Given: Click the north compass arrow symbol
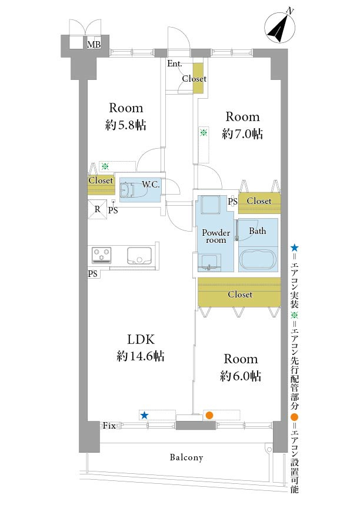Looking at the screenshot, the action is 279,28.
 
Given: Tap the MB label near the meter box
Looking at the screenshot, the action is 94,44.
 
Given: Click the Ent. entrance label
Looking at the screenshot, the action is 175,63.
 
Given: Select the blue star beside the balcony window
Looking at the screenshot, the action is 144,415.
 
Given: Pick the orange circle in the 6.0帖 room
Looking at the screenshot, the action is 209,415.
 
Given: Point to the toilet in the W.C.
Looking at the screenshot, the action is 133,189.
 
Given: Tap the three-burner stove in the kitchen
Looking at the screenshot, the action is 102,255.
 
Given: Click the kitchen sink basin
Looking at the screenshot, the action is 139,256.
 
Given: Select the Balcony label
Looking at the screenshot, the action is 186,457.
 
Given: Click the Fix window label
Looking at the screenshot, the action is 109,426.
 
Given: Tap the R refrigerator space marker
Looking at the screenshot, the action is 97,209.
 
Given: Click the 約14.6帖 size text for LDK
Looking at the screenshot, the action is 140,356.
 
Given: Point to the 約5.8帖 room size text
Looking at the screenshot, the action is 126,125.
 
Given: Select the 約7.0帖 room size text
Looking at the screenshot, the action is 242,133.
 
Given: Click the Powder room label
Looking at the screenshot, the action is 216,236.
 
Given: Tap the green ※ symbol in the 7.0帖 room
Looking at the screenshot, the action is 204,132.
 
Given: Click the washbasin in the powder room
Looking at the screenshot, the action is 209,262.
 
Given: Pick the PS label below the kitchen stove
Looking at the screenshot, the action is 92,274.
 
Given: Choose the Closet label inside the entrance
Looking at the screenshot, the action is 194,78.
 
